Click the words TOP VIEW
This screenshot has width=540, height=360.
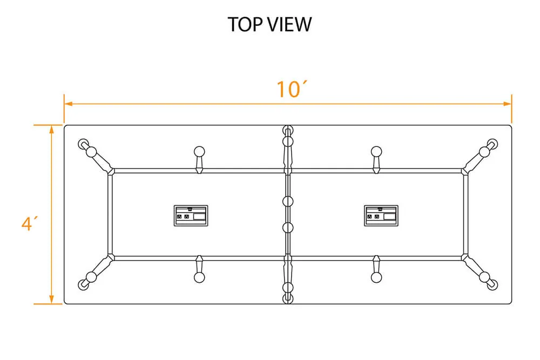[x=269, y=24]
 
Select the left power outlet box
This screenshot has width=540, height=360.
[x=191, y=214]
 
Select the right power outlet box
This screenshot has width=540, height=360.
[x=381, y=214]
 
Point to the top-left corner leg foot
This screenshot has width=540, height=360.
[x=83, y=144]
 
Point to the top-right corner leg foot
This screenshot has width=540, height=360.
[x=492, y=144]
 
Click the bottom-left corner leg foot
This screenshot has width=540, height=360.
[x=83, y=284]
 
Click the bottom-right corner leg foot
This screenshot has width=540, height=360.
[x=492, y=284]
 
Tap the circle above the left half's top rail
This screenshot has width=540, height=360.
[x=199, y=151]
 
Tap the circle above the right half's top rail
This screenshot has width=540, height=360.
[x=376, y=151]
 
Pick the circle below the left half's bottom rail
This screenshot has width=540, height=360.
[x=199, y=277]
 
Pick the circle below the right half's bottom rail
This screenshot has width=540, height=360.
[x=376, y=277]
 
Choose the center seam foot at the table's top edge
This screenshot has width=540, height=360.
[x=288, y=131]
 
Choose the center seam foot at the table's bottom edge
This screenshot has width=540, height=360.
[x=288, y=298]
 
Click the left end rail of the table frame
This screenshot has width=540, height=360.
[x=110, y=214]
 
